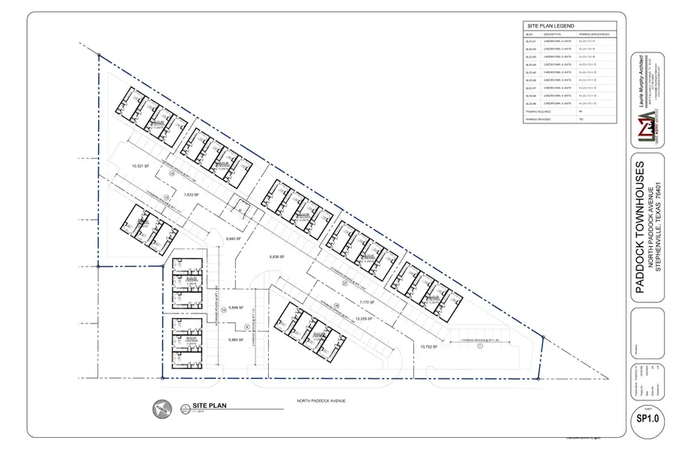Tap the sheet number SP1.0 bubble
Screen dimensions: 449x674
click(x=646, y=419)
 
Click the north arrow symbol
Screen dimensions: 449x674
click(x=160, y=408)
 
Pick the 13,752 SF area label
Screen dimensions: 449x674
click(x=428, y=347)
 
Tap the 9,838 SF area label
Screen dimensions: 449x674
click(x=279, y=256)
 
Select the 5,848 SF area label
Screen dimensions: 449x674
click(x=237, y=307)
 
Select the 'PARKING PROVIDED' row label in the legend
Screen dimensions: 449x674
click(x=541, y=120)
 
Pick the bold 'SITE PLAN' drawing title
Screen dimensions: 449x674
click(x=208, y=406)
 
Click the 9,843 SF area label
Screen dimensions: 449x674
click(x=234, y=239)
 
